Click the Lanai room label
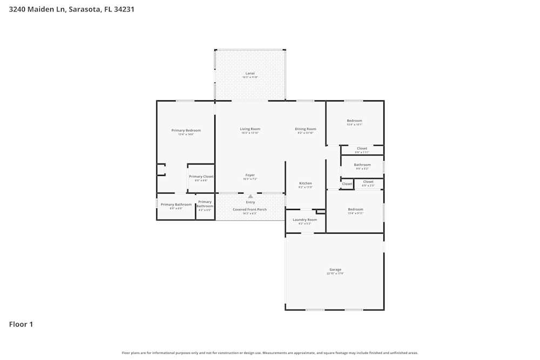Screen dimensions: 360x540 (250, 73)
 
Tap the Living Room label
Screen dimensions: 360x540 (250, 129)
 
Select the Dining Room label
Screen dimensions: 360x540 (305, 129)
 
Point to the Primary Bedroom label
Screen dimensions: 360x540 (186, 131)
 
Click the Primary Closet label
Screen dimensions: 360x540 (201, 176)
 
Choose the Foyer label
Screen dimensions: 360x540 (250, 175)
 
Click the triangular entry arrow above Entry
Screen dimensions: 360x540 (251, 196)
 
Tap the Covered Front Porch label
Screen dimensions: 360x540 (249, 209)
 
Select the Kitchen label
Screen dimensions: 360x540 (305, 184)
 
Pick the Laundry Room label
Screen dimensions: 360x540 (305, 220)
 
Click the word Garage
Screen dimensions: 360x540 (335, 269)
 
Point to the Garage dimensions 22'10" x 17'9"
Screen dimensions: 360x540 (335, 274)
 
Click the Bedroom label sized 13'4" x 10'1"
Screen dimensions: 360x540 (354, 121)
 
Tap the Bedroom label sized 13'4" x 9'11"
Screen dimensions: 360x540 (355, 209)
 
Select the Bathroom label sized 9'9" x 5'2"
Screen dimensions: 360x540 (362, 165)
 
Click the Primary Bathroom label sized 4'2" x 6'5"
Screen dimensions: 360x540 (205, 204)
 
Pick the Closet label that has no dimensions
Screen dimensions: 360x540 (347, 184)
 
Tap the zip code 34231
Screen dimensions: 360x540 (123, 9)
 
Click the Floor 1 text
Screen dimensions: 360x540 (21, 324)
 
